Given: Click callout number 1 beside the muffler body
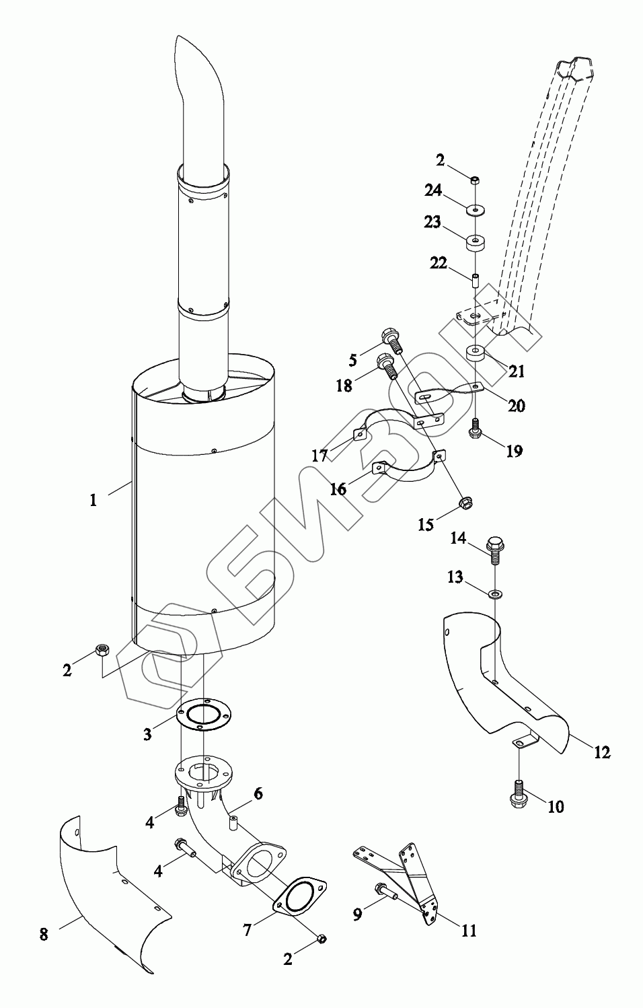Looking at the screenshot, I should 93,500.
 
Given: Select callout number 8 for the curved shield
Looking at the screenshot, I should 44,934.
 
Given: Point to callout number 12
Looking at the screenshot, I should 602,752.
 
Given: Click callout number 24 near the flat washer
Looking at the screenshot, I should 432,190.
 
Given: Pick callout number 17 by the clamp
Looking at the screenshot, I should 319,456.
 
